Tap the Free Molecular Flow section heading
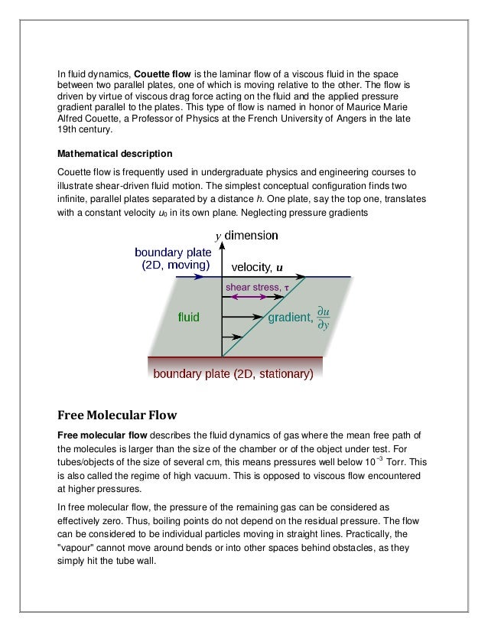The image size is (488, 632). pyautogui.click(x=117, y=415)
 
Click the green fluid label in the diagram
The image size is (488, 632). pyautogui.click(x=190, y=315)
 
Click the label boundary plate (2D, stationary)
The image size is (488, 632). pyautogui.click(x=233, y=375)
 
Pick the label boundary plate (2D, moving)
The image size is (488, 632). pyautogui.click(x=172, y=259)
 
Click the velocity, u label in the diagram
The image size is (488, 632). pyautogui.click(x=252, y=267)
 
